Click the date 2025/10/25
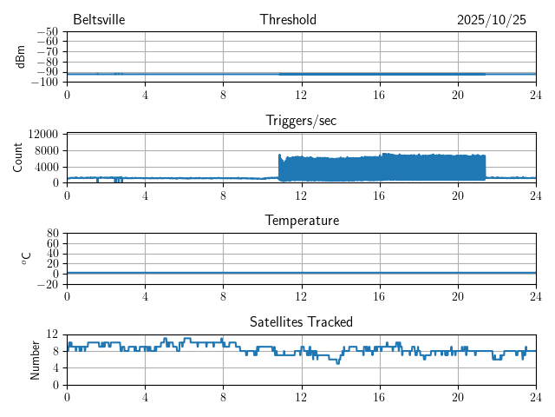point(492,20)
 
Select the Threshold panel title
point(288,20)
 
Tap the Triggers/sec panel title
point(301,121)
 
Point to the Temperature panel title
point(301,221)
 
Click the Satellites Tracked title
point(301,321)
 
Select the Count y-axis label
point(18,157)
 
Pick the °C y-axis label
point(27,258)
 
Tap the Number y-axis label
point(35,359)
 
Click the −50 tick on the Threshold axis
point(47,32)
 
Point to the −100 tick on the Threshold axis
point(44,83)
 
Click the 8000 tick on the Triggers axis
point(46,150)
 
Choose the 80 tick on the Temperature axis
point(52,234)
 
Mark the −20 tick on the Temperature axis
point(47,284)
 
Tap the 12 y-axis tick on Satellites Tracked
point(52,334)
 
